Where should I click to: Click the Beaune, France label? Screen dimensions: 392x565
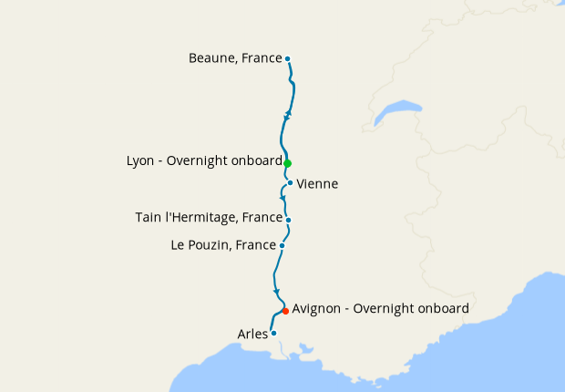[x=235, y=58]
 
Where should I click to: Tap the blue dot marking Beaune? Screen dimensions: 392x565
[x=287, y=59]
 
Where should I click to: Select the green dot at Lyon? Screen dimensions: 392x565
[x=287, y=163]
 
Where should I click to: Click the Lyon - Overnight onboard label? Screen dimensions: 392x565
[x=204, y=160]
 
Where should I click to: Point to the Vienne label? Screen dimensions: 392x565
[x=317, y=184]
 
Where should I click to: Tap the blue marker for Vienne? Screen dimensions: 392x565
[x=290, y=182]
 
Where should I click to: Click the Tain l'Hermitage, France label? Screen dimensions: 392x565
[x=208, y=218]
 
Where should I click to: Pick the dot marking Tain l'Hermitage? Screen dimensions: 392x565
[x=288, y=220]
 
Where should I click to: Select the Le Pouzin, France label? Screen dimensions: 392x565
[x=223, y=245]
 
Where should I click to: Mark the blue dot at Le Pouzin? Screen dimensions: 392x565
[x=282, y=245]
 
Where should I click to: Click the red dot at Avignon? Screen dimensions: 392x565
[x=285, y=311]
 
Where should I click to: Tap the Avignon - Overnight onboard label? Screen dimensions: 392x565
[x=380, y=309]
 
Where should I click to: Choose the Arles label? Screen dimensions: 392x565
[x=252, y=334]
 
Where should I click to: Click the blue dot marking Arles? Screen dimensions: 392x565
[x=273, y=333]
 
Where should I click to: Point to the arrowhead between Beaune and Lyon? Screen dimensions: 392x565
[x=289, y=114]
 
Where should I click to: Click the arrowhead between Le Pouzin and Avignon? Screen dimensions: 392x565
[x=276, y=291]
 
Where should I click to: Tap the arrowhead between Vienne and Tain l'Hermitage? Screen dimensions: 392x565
[x=282, y=197]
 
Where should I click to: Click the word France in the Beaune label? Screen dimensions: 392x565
[x=262, y=58]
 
